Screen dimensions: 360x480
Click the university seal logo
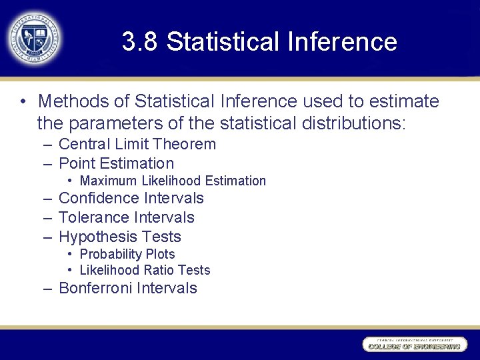click(x=34, y=38)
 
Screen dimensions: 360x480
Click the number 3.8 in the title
click(x=140, y=42)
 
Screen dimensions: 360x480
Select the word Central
click(x=84, y=144)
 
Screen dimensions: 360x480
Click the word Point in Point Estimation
click(x=75, y=163)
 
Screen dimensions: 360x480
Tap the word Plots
click(x=161, y=254)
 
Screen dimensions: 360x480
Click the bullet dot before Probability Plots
click(x=70, y=254)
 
